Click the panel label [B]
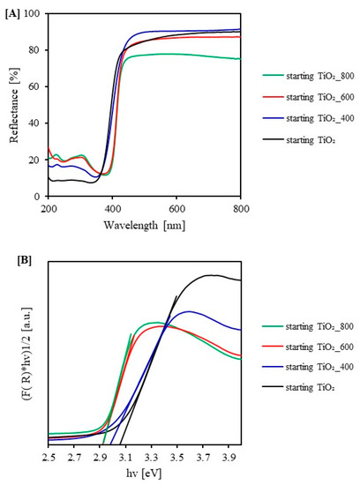[x=12, y=260]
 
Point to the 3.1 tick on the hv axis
[x=125, y=458]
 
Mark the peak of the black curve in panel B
[x=210, y=275]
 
